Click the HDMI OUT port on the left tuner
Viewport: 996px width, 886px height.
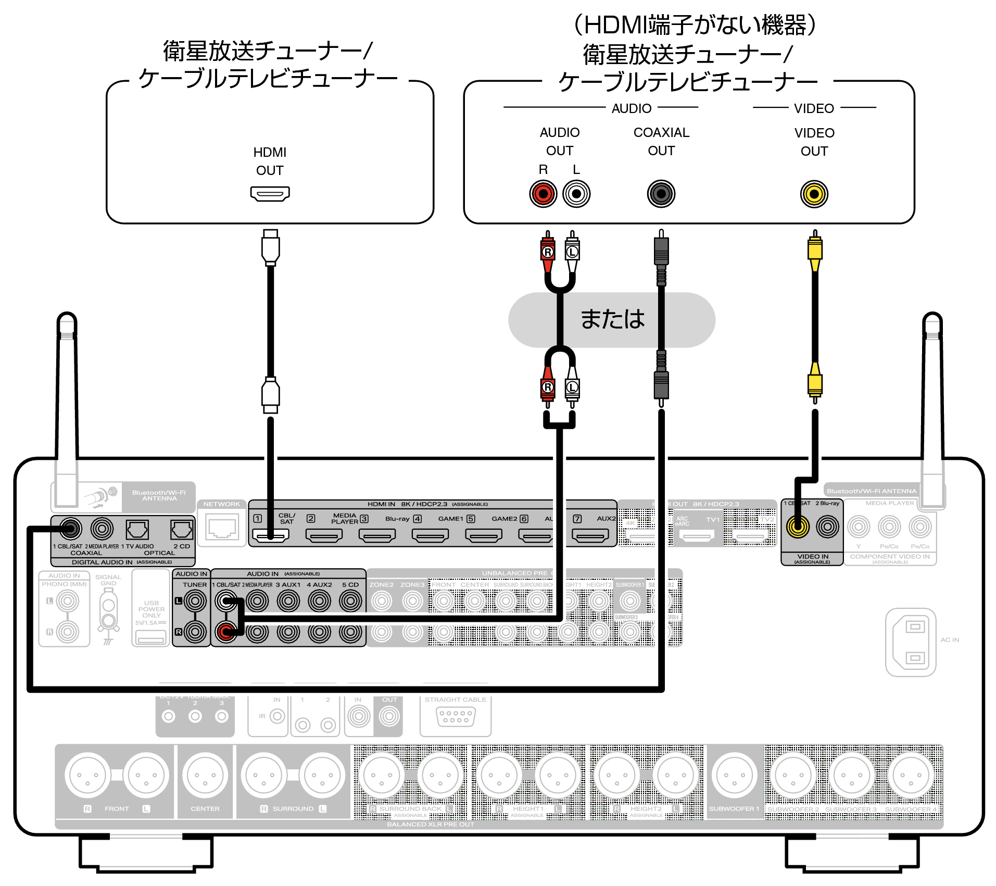[x=270, y=194]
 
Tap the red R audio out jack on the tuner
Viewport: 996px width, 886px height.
[x=543, y=194]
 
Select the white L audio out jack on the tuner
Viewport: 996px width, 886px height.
[x=576, y=194]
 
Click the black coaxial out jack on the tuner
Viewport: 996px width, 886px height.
[x=661, y=194]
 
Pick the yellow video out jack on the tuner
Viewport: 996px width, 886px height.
[x=814, y=194]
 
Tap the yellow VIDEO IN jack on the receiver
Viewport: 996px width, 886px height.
[x=798, y=527]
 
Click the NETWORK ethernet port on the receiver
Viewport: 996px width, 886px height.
[x=222, y=528]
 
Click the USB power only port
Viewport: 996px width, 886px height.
[x=150, y=637]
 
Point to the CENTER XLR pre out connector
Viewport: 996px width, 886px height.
[x=205, y=775]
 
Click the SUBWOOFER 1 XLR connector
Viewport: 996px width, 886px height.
[x=734, y=775]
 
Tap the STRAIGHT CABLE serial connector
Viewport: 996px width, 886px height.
[x=456, y=717]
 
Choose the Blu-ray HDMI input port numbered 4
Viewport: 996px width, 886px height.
[x=430, y=535]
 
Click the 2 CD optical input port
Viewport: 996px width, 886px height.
[x=181, y=530]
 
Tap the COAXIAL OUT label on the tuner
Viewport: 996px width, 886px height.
[x=661, y=142]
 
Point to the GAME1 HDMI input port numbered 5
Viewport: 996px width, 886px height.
[x=483, y=535]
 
